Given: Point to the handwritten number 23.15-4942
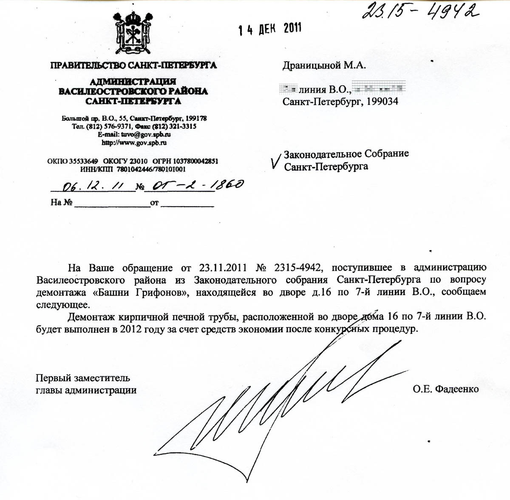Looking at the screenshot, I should pos(418,11).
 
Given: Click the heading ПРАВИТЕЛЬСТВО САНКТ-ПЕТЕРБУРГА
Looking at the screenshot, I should pos(133,65).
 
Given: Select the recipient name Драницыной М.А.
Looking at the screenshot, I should pos(324,65).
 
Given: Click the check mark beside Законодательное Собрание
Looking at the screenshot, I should pos(276,161).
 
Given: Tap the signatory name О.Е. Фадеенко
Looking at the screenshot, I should pos(445,389).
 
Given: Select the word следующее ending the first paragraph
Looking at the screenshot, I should pos(63,305).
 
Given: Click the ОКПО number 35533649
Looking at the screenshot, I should pos(83,161).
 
